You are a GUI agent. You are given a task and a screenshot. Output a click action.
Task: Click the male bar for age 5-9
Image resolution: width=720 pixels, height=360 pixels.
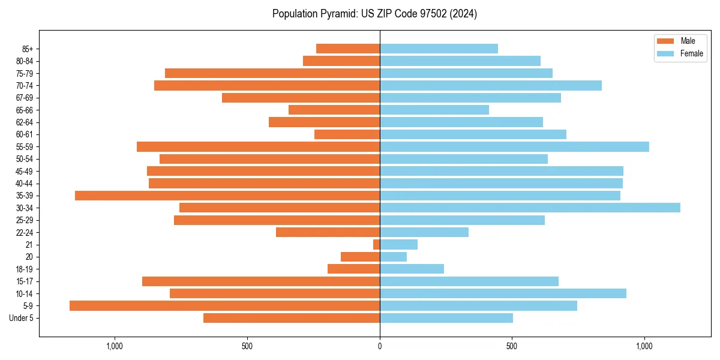224,306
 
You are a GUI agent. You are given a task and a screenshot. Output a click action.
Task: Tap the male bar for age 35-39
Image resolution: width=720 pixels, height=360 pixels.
227,196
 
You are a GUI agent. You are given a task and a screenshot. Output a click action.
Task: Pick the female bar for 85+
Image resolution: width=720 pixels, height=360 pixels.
439,49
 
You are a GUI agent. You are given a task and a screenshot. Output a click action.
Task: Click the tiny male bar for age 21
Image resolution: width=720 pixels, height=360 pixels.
377,245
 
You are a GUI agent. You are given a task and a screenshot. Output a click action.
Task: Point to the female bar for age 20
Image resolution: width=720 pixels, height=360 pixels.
393,257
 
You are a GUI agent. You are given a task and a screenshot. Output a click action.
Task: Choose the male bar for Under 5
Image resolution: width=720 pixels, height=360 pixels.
292,318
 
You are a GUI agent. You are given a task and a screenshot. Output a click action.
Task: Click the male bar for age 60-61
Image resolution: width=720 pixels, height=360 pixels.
347,134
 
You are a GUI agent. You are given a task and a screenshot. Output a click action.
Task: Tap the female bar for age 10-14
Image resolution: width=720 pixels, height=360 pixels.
503,293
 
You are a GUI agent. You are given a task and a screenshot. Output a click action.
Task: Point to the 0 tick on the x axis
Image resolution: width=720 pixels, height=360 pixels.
380,346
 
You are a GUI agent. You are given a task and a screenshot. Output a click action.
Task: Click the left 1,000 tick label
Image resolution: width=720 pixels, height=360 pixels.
115,346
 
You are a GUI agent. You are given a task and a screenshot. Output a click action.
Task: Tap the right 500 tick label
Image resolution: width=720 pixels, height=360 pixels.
512,346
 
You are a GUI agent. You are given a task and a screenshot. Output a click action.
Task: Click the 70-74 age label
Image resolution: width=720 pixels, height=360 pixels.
25,86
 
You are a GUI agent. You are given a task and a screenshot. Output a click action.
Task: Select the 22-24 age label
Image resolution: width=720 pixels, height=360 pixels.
25,233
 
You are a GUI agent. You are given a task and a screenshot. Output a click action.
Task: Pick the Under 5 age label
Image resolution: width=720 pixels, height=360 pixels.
22,318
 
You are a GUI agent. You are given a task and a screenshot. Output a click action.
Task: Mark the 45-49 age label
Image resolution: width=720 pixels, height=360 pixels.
25,172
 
